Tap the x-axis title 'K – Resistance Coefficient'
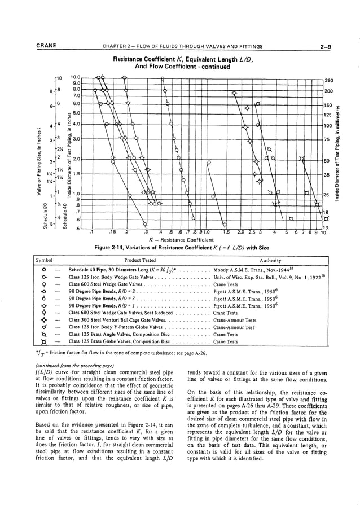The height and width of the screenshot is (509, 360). coord(180,239)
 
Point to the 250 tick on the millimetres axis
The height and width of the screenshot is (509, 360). coord(330,80)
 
